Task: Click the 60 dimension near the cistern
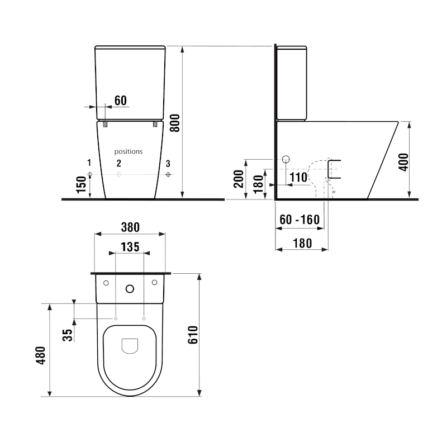click(121, 101)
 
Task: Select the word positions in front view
click(129, 151)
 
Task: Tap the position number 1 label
click(89, 163)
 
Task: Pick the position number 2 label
click(118, 163)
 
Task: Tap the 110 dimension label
click(299, 178)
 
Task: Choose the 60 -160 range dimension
click(299, 220)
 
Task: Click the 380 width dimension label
click(129, 227)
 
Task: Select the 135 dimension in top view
click(130, 246)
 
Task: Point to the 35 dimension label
click(67, 335)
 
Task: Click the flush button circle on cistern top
click(130, 289)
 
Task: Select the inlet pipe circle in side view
click(286, 159)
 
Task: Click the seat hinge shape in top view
click(130, 346)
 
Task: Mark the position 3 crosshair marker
click(168, 175)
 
